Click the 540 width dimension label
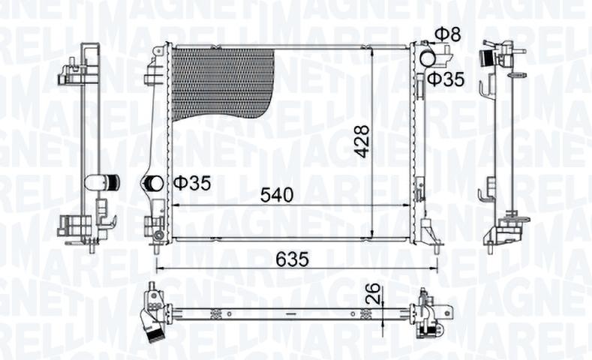click(278, 195)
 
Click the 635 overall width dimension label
click(292, 259)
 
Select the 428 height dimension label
click(362, 141)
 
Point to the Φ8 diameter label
click(448, 34)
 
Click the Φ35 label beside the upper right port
click(446, 79)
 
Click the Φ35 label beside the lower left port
click(192, 184)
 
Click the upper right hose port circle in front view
click(428, 58)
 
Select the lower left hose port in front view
click(153, 184)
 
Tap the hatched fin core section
click(222, 84)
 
